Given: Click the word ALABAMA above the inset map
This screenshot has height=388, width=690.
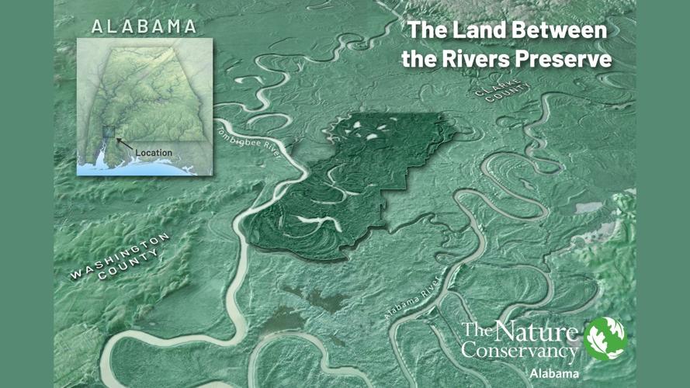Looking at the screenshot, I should [144, 26].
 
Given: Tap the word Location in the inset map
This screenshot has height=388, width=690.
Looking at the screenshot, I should [154, 153].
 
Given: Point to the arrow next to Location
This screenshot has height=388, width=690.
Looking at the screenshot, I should [124, 144].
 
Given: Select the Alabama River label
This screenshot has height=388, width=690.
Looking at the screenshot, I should [412, 298].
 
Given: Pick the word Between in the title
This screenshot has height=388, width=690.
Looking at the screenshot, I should [556, 31].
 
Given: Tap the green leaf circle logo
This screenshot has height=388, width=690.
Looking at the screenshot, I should [605, 339].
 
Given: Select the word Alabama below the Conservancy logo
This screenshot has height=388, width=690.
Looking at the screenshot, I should [554, 373].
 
